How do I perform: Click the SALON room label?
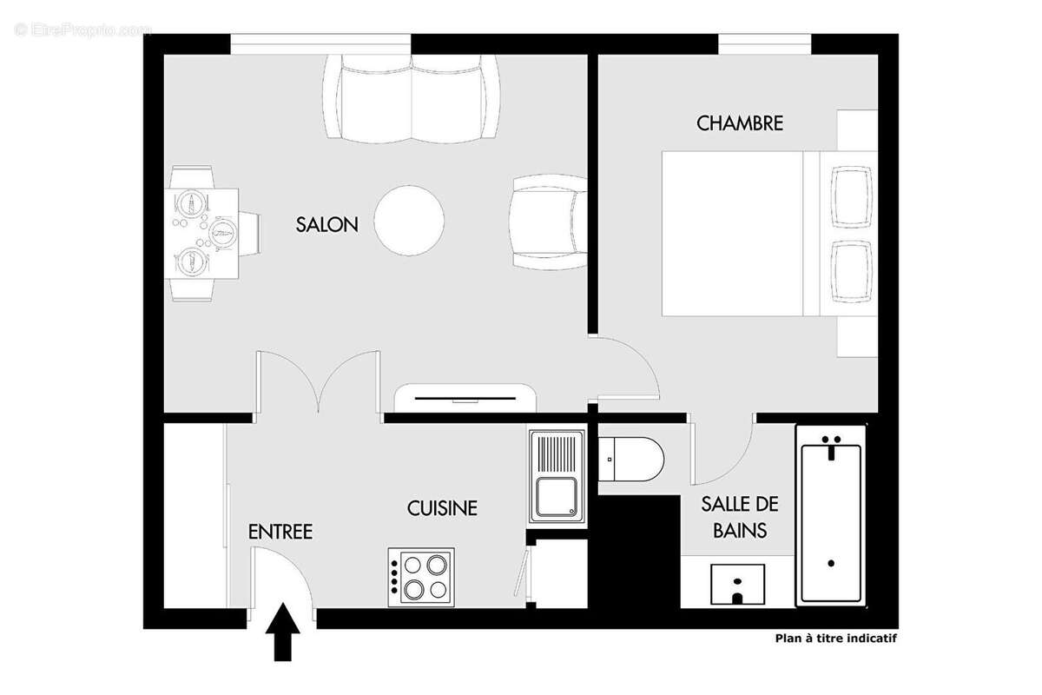tap(326, 224)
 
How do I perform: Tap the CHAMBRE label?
tap(740, 123)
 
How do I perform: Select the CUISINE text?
tap(442, 508)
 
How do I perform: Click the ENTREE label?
tap(280, 532)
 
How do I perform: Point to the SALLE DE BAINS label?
tap(739, 516)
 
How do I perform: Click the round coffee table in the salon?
tap(410, 220)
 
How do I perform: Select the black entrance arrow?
tap(281, 633)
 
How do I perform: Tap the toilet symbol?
tap(631, 457)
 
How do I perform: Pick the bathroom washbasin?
tap(737, 583)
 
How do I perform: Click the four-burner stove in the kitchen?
tap(421, 577)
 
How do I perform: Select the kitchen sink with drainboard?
tap(556, 476)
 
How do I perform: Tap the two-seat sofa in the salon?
tap(412, 97)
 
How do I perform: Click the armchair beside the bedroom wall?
tap(549, 221)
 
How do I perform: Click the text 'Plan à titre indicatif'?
tap(835, 638)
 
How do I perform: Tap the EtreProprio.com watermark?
tap(82, 30)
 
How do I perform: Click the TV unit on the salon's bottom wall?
tap(465, 399)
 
